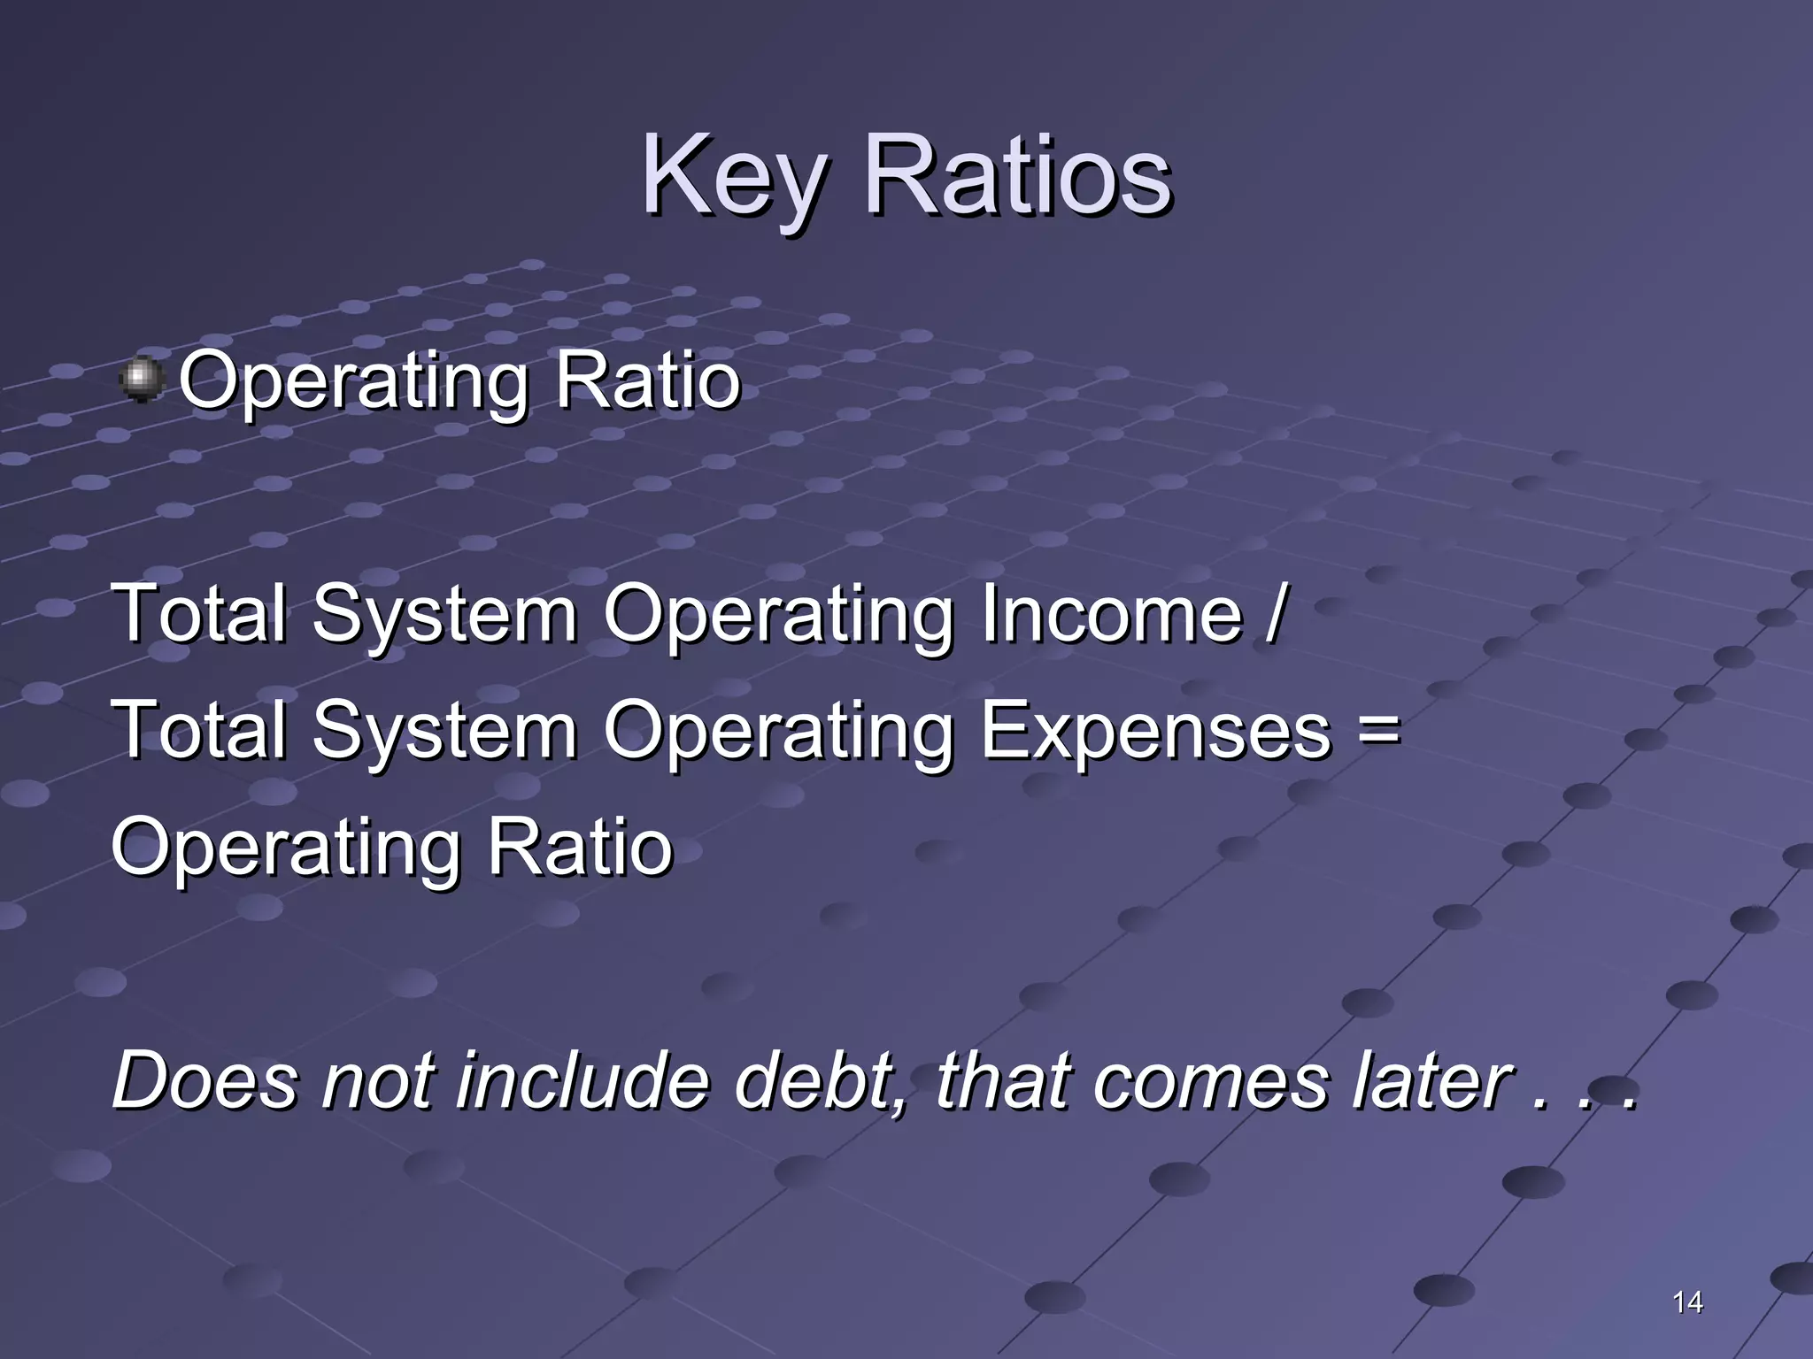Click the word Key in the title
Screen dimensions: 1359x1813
(735, 177)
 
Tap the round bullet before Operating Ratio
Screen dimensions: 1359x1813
(141, 380)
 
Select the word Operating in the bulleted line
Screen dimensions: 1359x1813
(353, 383)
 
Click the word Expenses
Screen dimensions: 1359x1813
(1155, 730)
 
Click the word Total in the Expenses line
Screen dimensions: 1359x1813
(200, 730)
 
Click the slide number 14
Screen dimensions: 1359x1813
(1687, 1301)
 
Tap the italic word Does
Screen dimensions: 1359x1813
(204, 1080)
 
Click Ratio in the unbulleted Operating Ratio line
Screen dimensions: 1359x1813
(580, 847)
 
